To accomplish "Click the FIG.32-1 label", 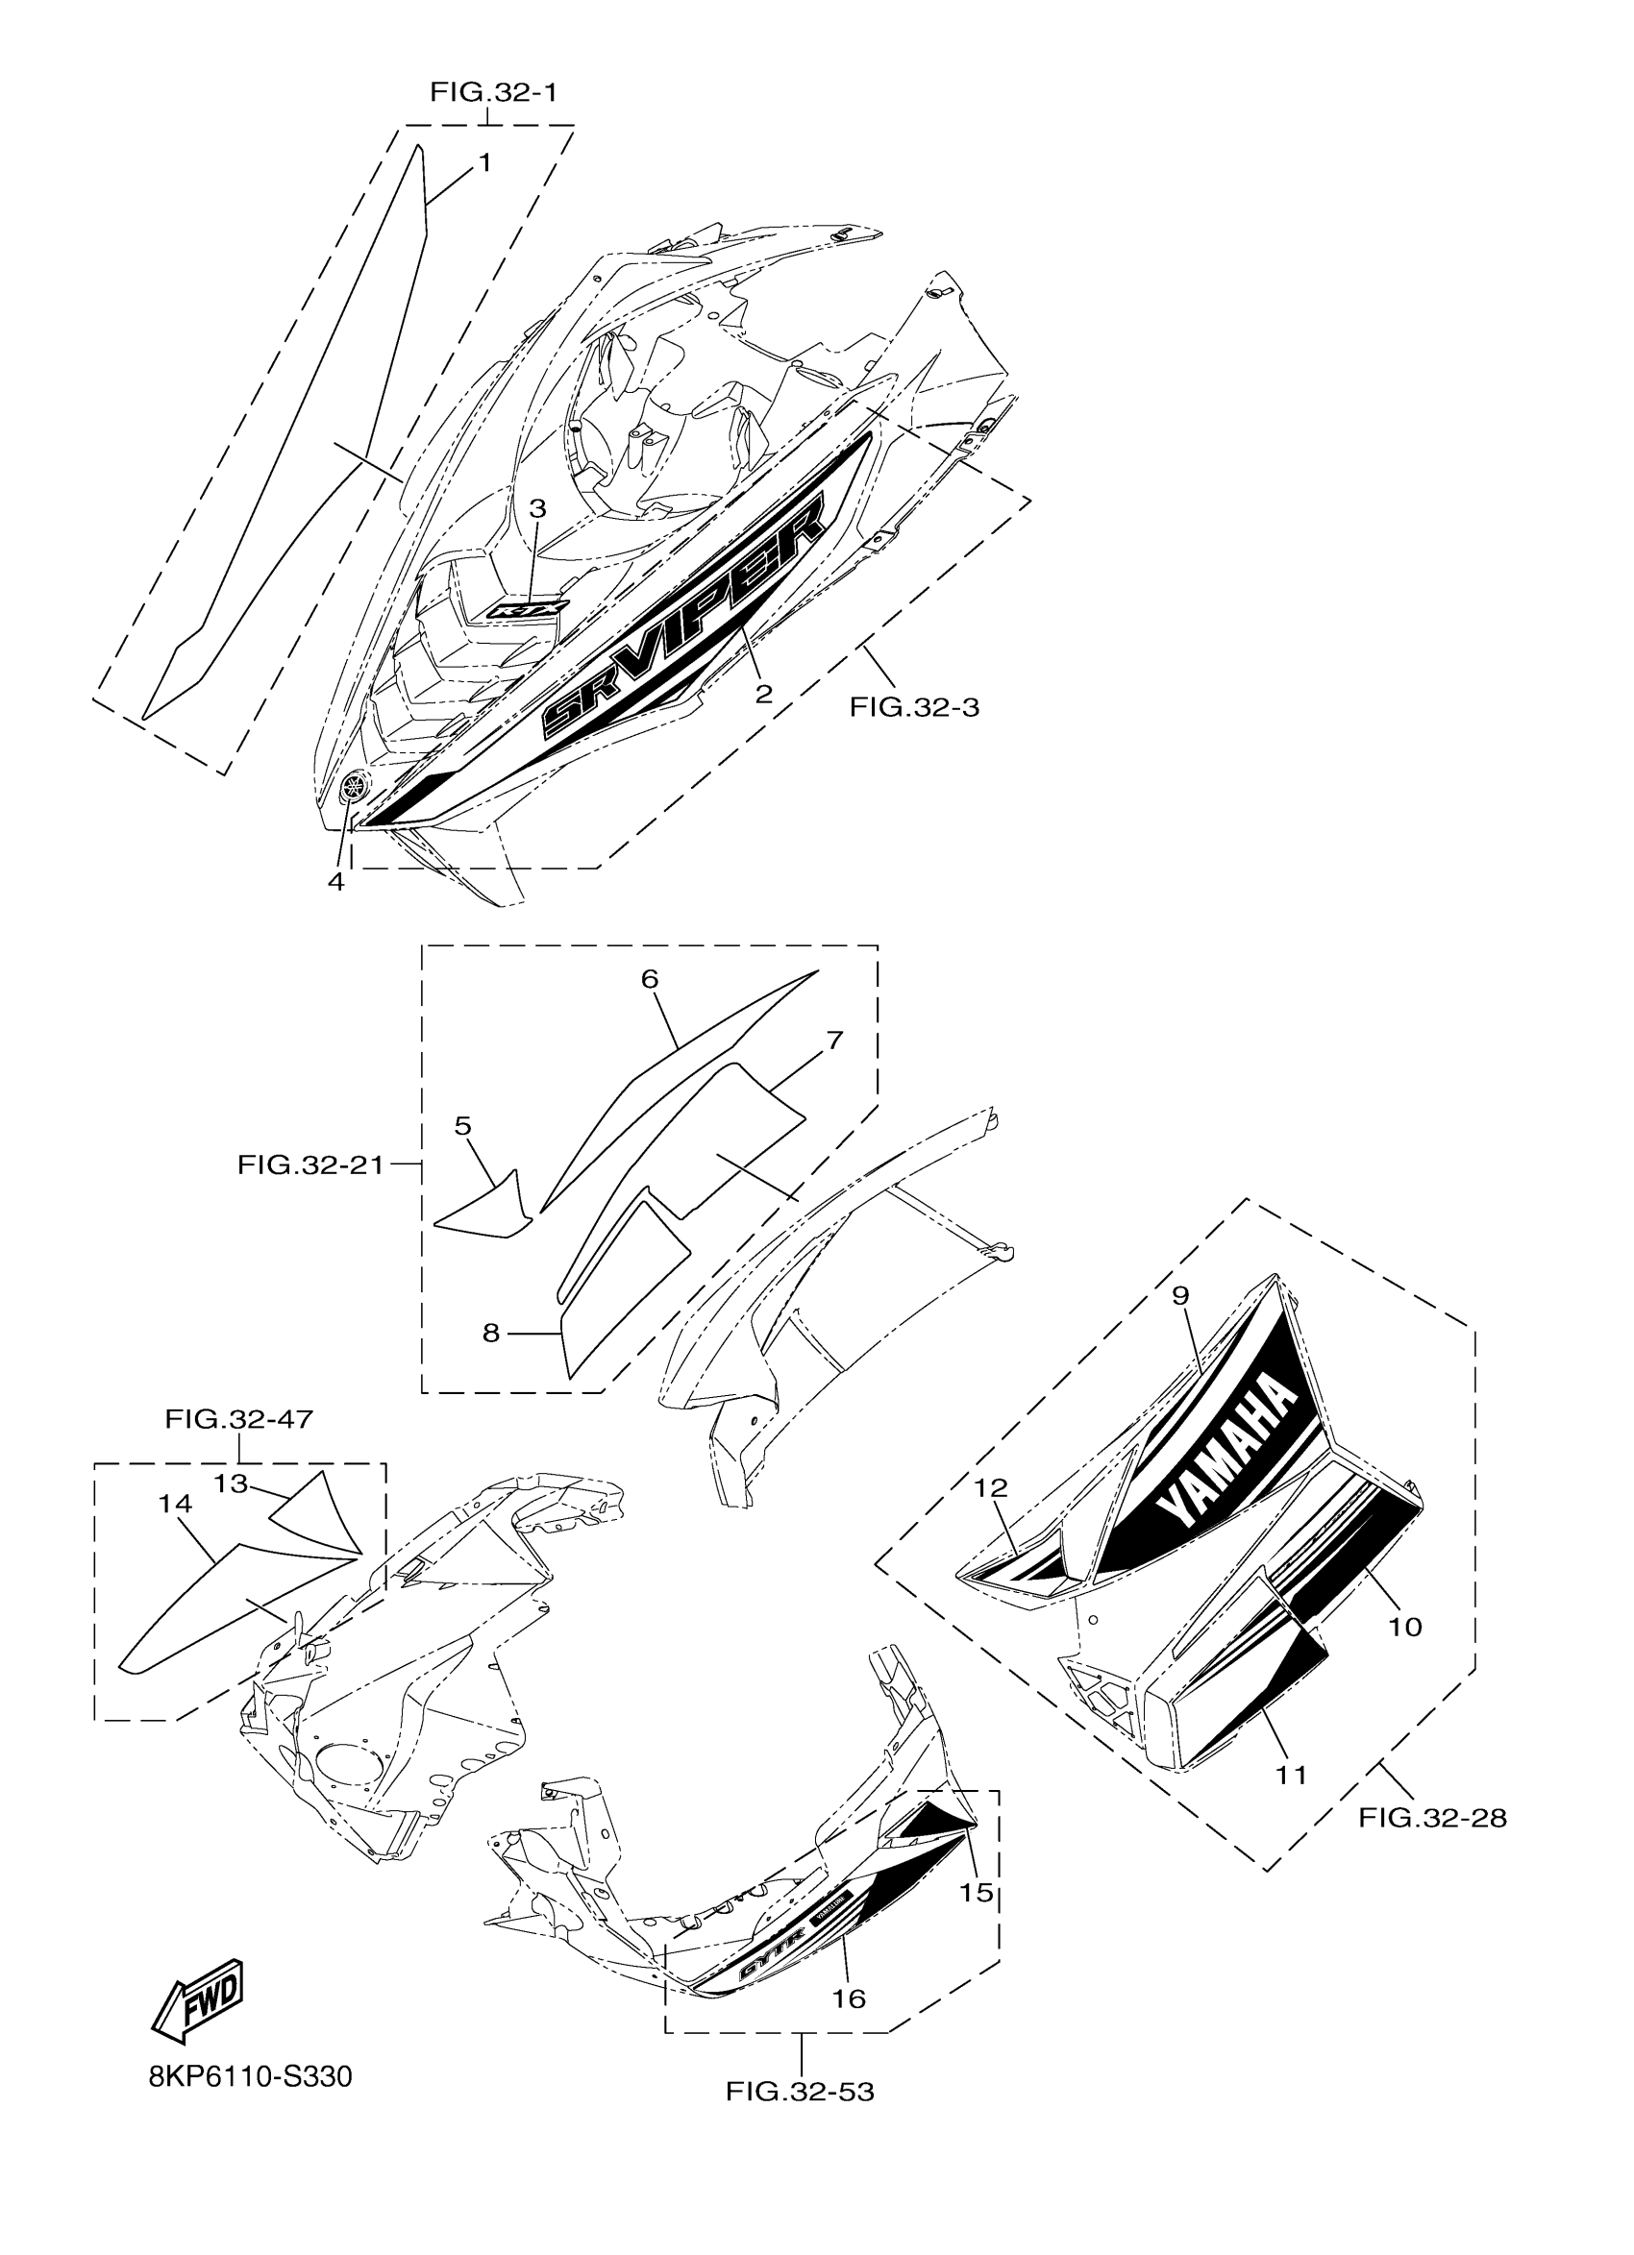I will (x=493, y=92).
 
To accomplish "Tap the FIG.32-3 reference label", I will (x=914, y=707).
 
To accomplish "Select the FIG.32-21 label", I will (x=310, y=1164).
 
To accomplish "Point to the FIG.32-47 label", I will (x=238, y=1419).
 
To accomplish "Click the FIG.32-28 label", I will (x=1432, y=1818).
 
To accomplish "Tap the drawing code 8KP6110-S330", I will (x=250, y=2077).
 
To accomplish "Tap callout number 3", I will (x=537, y=509).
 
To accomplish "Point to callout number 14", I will (x=174, y=1504).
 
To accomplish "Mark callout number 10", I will (x=1405, y=1627).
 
